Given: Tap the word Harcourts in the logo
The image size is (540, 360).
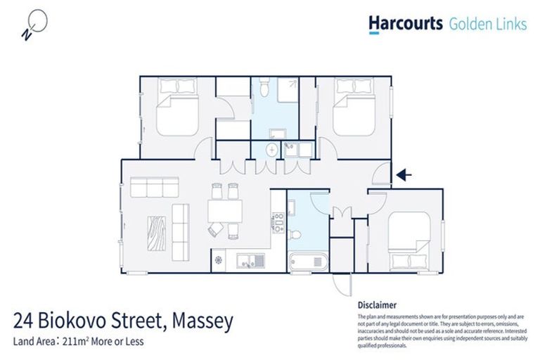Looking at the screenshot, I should (404, 24).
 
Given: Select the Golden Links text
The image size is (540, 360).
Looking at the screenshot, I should (487, 24).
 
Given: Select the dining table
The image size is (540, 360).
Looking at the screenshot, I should (225, 210).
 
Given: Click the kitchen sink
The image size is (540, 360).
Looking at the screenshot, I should (250, 259).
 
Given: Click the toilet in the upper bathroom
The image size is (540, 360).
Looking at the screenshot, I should (263, 89).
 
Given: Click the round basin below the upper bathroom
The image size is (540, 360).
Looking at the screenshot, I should (271, 150).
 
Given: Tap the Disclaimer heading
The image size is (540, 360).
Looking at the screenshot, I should (378, 306).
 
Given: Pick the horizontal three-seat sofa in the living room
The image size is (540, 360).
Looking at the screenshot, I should (154, 188).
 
